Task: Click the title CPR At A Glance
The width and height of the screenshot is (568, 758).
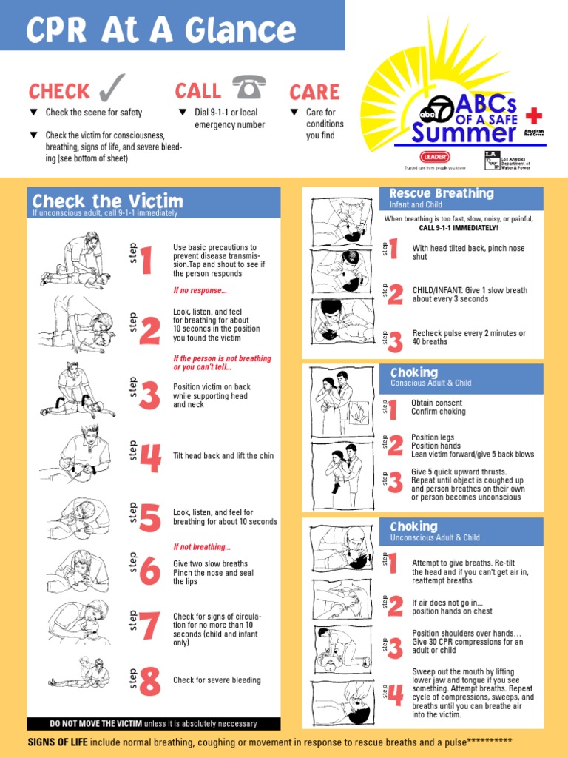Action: click(x=160, y=31)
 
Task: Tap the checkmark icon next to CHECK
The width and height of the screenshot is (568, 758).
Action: click(x=110, y=90)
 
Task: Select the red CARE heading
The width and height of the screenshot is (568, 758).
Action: click(x=314, y=93)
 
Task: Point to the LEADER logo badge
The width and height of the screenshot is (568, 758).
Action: click(x=435, y=157)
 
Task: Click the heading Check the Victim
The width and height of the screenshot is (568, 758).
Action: click(x=107, y=201)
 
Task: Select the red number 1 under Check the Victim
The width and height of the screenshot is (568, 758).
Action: click(x=146, y=261)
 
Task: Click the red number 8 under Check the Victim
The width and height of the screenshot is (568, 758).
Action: click(x=149, y=681)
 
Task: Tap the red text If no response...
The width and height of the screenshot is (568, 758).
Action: click(x=200, y=291)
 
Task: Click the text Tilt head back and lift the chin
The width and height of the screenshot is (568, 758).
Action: click(x=223, y=456)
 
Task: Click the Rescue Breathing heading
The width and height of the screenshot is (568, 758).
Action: click(x=441, y=194)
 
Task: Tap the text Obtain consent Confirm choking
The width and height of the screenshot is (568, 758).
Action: click(x=438, y=407)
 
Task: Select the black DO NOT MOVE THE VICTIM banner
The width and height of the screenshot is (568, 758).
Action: click(x=153, y=724)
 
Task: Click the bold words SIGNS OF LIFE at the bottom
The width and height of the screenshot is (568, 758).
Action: click(x=58, y=742)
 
